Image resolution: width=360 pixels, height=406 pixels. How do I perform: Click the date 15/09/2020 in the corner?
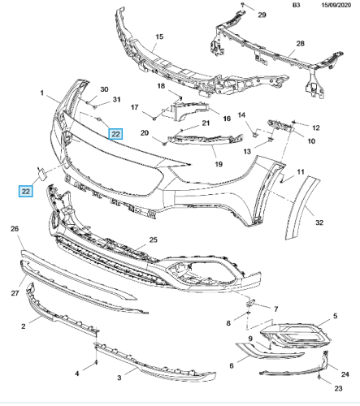click(336, 5)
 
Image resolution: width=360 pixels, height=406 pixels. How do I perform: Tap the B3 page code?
click(297, 5)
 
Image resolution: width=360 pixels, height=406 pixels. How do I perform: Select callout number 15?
click(159, 37)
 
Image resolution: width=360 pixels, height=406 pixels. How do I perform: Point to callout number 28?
click(300, 43)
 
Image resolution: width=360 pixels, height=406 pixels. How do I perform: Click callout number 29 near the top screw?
click(262, 15)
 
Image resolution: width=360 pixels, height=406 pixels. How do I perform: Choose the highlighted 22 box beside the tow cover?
click(25, 192)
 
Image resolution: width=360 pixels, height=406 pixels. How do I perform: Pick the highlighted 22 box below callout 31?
click(115, 134)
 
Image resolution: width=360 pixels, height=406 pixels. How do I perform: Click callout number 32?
click(319, 222)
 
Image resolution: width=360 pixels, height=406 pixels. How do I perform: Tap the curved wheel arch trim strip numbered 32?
click(302, 208)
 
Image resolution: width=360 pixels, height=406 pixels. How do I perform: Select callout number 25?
click(153, 240)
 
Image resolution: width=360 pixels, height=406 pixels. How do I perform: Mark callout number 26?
click(15, 229)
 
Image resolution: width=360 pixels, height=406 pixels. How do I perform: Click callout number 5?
click(335, 316)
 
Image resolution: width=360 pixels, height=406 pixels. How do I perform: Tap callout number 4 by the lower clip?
click(77, 374)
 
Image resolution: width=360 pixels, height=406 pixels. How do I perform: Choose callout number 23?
click(338, 388)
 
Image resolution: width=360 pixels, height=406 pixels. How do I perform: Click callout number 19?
click(219, 164)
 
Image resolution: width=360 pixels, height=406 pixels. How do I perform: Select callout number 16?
click(227, 119)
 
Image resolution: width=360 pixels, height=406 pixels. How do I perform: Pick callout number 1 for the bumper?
click(41, 93)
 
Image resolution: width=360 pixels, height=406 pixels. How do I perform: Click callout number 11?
click(301, 171)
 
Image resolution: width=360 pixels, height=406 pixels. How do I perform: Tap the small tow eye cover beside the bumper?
click(41, 174)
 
